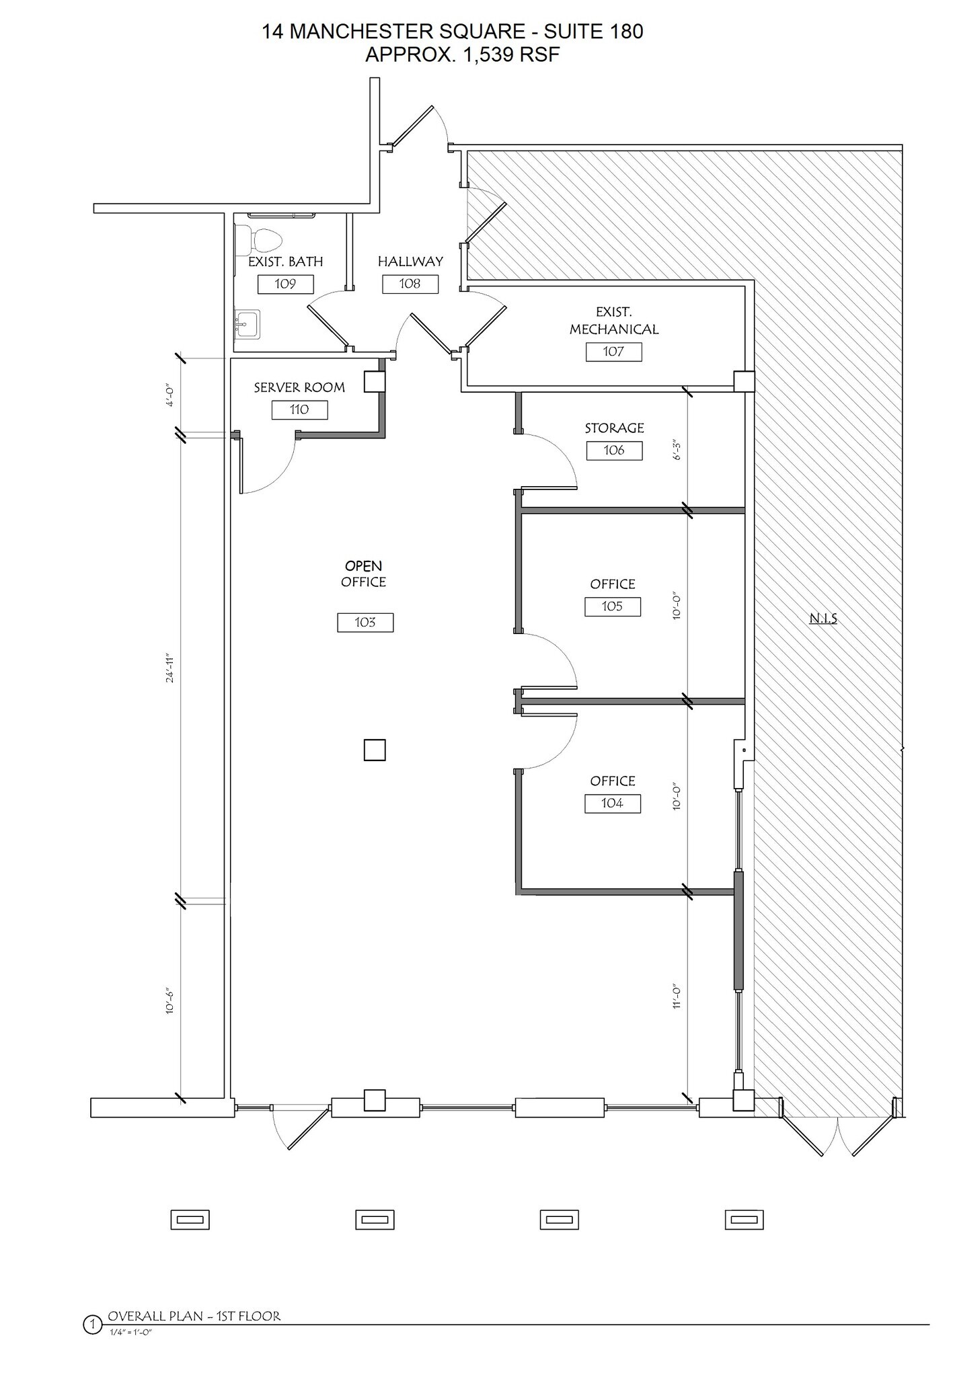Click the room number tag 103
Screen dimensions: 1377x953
tap(365, 622)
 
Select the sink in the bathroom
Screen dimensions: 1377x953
tap(247, 324)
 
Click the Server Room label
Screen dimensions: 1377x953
tap(299, 387)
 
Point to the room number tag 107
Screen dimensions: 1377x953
tap(613, 351)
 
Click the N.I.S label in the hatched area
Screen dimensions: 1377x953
tap(823, 619)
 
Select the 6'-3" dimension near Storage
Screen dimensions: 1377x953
tap(677, 450)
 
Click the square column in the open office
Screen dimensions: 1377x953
tap(375, 749)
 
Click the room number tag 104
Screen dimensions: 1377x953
tap(612, 803)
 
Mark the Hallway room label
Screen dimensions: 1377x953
tap(410, 262)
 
